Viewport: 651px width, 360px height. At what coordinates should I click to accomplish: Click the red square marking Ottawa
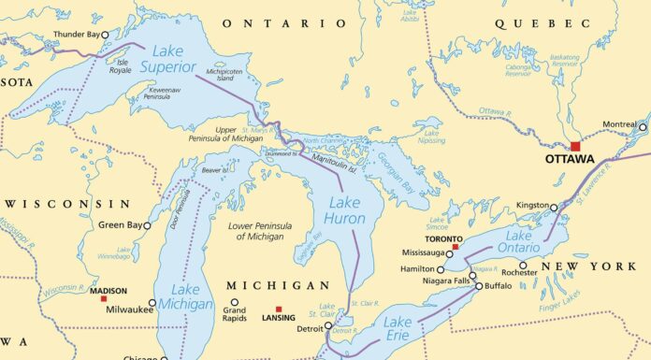coord(575,146)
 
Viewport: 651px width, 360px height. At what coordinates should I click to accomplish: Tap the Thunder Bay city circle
coord(105,35)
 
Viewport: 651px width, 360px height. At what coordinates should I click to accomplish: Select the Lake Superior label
coord(168,58)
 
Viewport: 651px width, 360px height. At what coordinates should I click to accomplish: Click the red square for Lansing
coord(278,310)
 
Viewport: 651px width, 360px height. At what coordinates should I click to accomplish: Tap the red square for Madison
coord(104,298)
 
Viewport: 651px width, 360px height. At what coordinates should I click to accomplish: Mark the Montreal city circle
coord(643,126)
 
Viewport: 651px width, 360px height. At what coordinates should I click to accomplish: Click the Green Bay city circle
coord(147,225)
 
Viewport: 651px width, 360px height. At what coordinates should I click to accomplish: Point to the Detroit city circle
coord(328,326)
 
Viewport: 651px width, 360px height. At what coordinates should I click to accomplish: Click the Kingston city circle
coord(554,208)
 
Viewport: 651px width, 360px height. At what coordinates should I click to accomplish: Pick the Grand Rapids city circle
coord(234,302)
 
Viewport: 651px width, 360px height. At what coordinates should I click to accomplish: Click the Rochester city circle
coord(522,265)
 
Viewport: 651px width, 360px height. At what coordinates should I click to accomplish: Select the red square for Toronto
coord(456,247)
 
